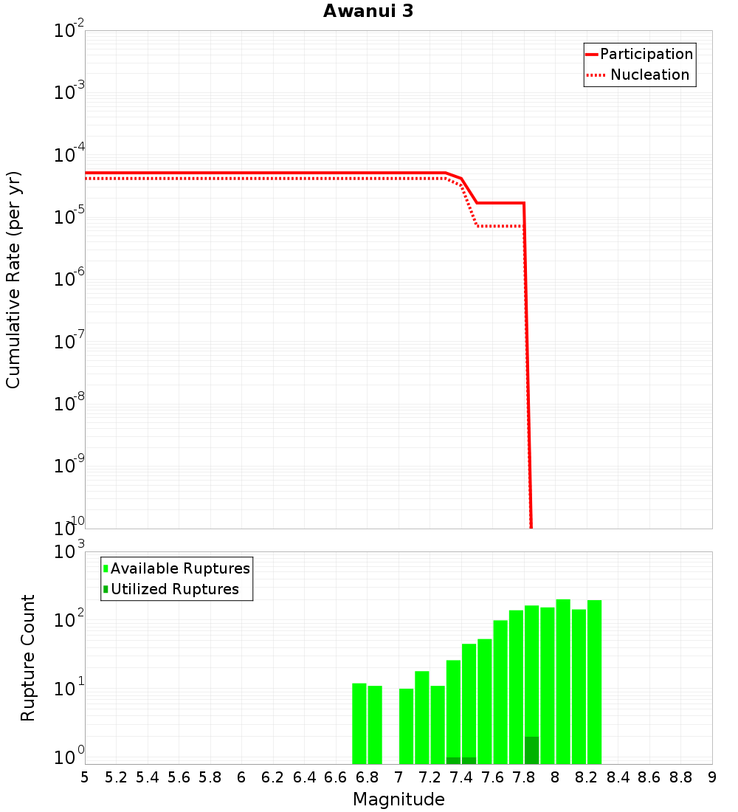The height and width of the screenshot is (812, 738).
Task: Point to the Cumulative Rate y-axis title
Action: (x=13, y=280)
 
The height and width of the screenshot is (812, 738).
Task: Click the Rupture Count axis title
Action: (x=28, y=658)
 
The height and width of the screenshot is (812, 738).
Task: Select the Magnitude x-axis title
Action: (x=399, y=799)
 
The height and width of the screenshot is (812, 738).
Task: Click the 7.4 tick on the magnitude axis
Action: (x=461, y=777)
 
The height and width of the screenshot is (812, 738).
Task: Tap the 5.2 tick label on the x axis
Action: (x=116, y=777)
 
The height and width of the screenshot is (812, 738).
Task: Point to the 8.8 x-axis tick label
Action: (x=681, y=777)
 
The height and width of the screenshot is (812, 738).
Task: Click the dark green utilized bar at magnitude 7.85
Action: (x=532, y=750)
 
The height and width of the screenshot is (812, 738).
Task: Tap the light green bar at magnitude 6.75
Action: (x=359, y=723)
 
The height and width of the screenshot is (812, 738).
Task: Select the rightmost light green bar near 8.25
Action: (x=595, y=683)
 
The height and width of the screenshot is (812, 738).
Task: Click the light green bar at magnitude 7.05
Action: (x=407, y=726)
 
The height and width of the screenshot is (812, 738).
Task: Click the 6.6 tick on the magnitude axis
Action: (x=336, y=777)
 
